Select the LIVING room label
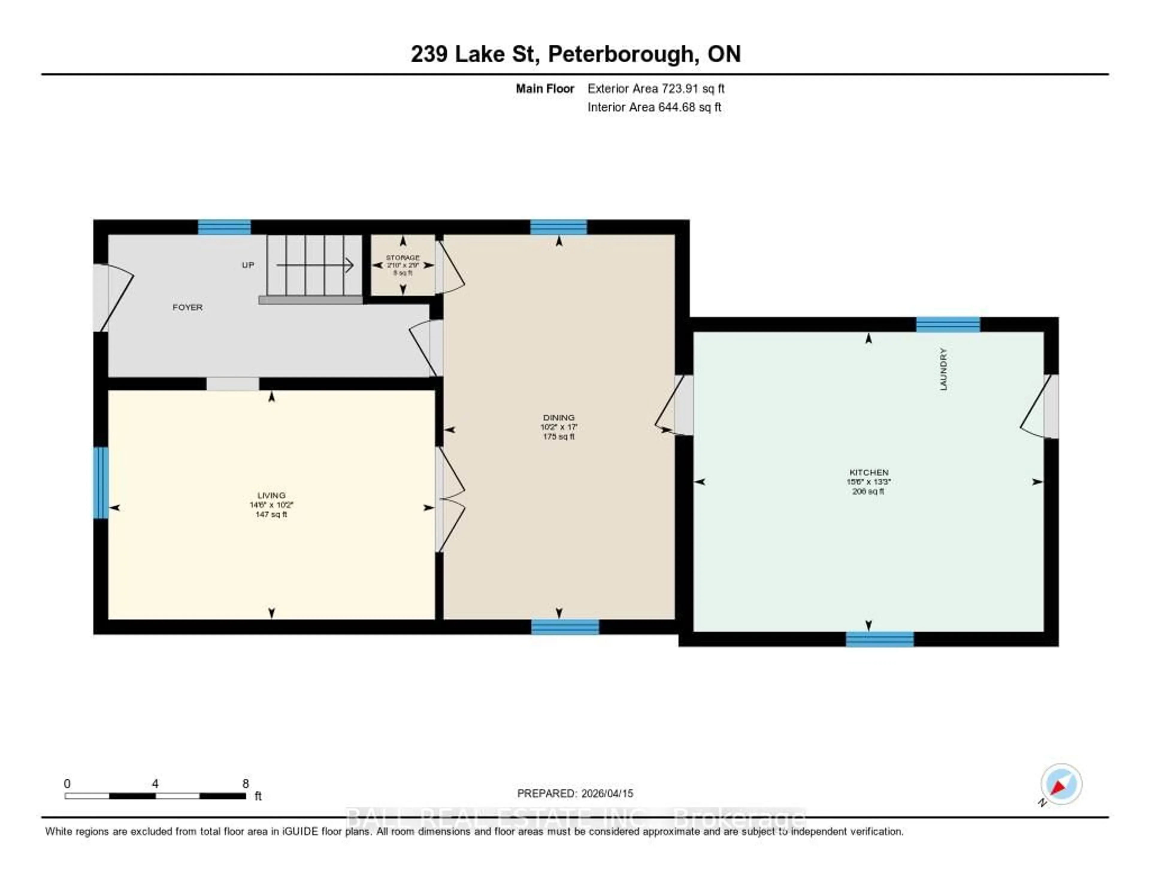click(271, 495)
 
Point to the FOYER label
click(187, 307)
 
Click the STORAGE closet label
click(403, 258)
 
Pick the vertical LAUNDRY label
click(943, 369)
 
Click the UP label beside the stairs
click(248, 265)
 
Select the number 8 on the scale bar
click(245, 783)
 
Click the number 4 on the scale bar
click(155, 783)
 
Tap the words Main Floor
click(544, 88)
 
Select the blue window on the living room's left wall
click(101, 483)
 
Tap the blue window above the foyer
click(224, 227)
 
